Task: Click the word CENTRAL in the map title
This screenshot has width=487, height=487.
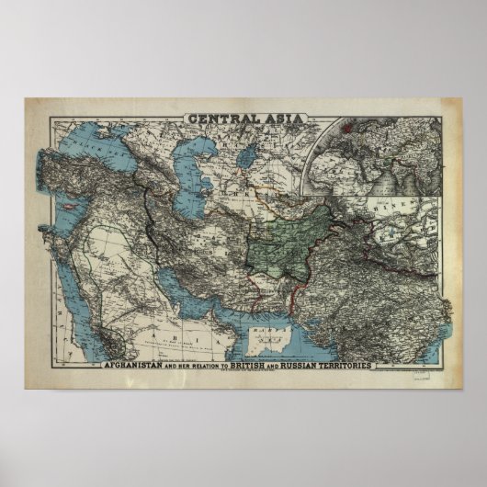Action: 220,117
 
